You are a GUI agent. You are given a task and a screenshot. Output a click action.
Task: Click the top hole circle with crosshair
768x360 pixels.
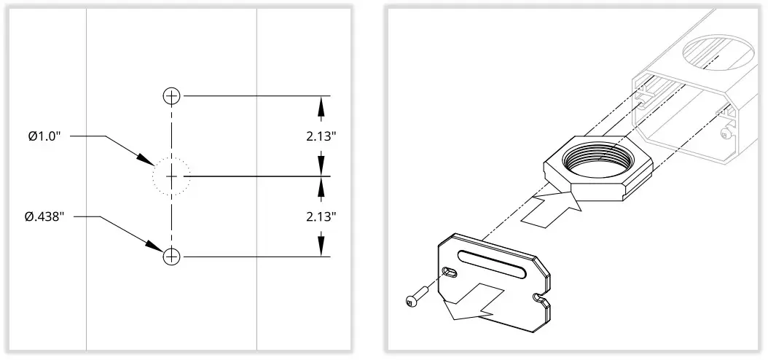[171, 95]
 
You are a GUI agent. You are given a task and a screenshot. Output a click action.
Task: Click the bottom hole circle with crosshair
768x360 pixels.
[171, 257]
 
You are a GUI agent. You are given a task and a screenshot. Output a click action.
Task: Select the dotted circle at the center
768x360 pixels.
[171, 176]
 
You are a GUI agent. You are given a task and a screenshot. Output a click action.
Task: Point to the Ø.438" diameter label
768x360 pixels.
[45, 216]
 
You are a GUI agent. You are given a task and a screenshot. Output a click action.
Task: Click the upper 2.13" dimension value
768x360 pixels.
[321, 136]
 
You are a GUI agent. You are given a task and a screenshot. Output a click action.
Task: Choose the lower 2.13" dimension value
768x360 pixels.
[321, 216]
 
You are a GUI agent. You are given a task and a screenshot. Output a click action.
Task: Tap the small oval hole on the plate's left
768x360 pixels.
[452, 273]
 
